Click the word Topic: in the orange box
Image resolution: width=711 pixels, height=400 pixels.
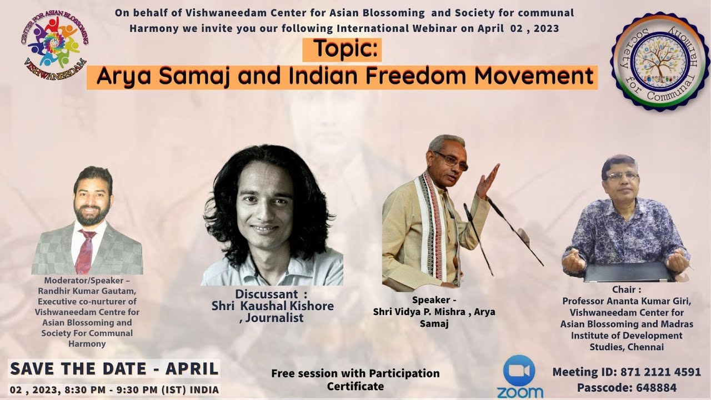click(x=342, y=49)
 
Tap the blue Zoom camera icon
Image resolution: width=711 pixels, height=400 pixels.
click(x=519, y=370)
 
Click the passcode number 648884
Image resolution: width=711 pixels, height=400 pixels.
click(x=658, y=387)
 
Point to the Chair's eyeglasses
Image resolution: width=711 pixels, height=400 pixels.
click(x=622, y=176)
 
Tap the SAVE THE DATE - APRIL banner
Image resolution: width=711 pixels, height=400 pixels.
click(x=114, y=368)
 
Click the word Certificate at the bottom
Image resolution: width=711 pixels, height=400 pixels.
click(x=355, y=386)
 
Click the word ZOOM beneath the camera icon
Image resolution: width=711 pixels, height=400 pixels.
click(x=520, y=392)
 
